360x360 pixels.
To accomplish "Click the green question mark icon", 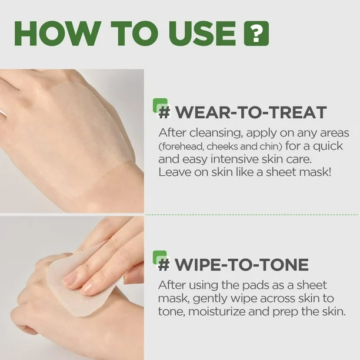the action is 256,34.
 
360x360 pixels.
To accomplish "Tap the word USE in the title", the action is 202,34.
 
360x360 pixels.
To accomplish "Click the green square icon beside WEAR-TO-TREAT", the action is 160,106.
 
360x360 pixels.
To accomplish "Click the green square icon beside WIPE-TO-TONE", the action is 160,258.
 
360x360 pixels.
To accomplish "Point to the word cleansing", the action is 216,133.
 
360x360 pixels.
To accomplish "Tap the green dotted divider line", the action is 252,215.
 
